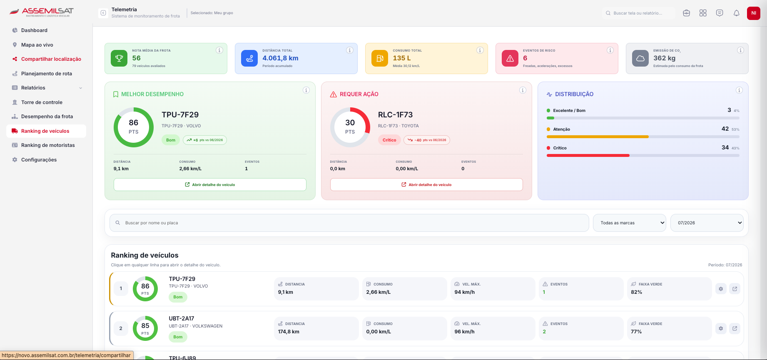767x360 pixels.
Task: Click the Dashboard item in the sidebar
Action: [34, 30]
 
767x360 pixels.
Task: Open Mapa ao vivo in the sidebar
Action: [37, 45]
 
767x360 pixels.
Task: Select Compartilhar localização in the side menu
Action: [51, 59]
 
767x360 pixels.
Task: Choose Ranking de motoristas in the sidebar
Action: [48, 145]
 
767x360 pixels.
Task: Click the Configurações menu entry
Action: [39, 160]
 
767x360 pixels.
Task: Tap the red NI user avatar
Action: [754, 13]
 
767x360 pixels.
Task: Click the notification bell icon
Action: [737, 13]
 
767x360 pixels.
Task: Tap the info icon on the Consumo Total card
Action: [480, 50]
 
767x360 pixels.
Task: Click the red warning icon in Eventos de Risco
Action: [510, 58]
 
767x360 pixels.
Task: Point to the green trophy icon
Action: [119, 58]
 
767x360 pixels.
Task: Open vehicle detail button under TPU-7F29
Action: [210, 185]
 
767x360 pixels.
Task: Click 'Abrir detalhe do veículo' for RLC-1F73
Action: [426, 185]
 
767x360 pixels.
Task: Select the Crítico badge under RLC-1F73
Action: [389, 140]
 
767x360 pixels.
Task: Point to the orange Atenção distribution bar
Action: [598, 137]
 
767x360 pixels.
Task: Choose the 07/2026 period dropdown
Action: [707, 223]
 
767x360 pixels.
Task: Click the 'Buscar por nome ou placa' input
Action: [349, 223]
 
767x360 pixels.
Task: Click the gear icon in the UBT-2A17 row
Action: [721, 328]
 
